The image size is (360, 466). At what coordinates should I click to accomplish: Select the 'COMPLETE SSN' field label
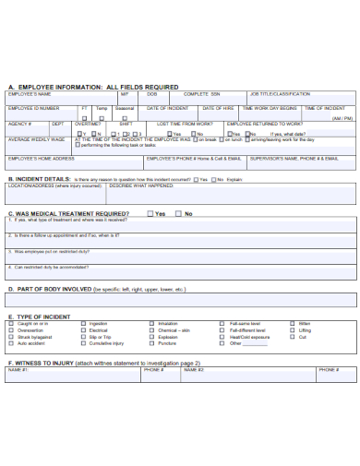[x=202, y=94]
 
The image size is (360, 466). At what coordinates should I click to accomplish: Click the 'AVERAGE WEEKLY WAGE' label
[x=36, y=139]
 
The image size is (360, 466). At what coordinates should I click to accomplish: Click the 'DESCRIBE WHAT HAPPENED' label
[x=141, y=185]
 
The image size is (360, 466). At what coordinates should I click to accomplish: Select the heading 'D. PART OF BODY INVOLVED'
[x=50, y=289]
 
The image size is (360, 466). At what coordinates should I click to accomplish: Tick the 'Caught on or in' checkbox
[x=12, y=324]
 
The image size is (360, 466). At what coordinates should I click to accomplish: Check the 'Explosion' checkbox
[x=152, y=337]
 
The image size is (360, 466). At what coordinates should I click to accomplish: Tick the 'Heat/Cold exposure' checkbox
[x=222, y=337]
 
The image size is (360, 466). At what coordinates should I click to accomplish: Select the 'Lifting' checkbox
[x=292, y=330]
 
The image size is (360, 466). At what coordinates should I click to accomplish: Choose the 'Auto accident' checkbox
[x=12, y=343]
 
